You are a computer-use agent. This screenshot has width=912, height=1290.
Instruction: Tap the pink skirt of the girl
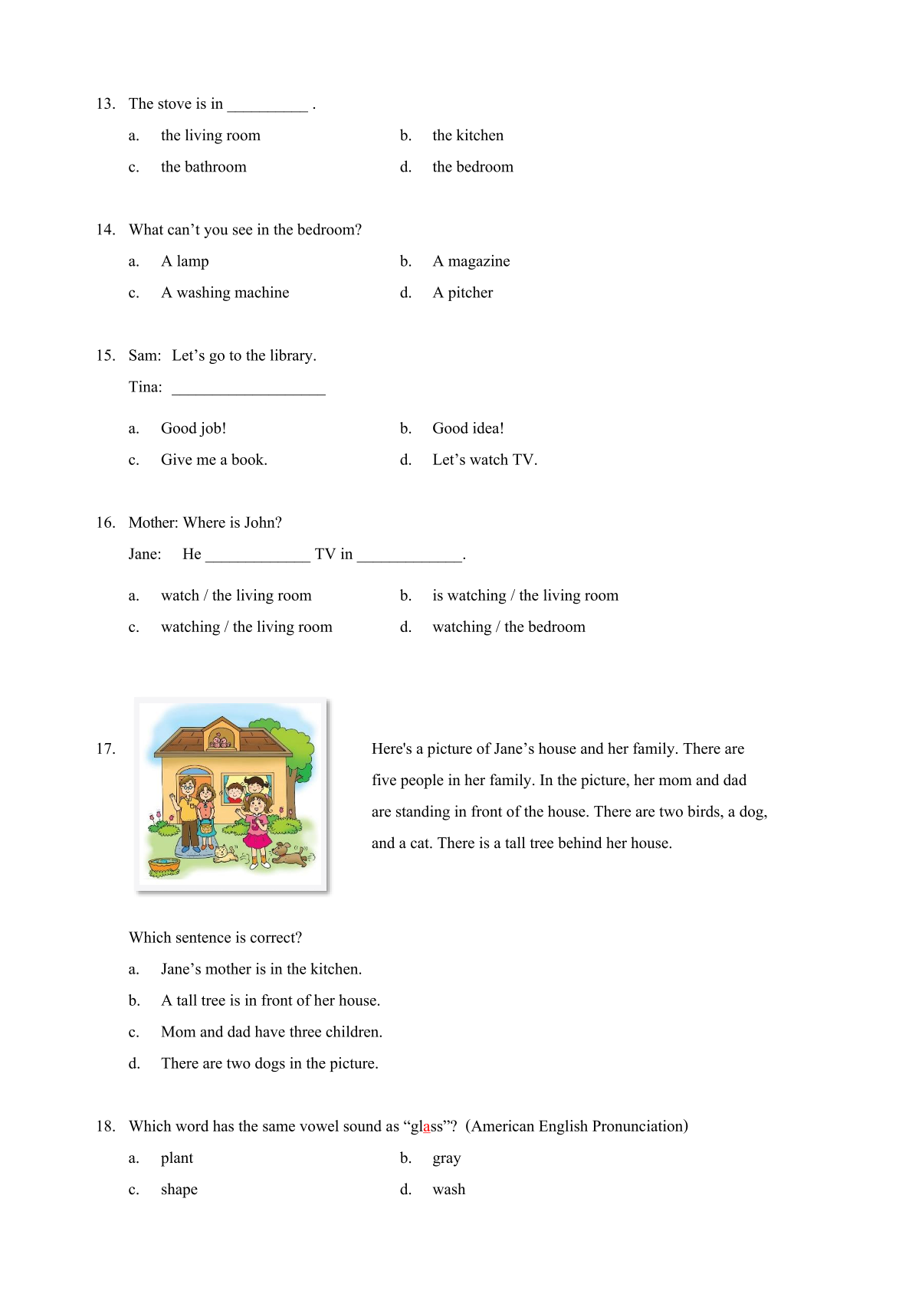coord(258,838)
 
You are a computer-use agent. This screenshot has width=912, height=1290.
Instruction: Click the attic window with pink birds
coord(221,740)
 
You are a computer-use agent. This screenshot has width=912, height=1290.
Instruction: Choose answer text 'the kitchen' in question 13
coord(467,136)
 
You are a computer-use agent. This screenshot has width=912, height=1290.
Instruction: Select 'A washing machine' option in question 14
coord(225,293)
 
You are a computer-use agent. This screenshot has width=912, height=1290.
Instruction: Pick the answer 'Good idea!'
coord(467,428)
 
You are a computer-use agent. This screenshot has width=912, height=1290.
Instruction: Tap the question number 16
coord(105,522)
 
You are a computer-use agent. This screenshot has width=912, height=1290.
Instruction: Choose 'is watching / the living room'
coord(525,595)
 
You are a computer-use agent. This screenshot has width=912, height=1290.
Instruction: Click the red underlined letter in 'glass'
coord(426,1127)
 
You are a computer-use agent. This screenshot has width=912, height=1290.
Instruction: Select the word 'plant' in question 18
coord(177,1157)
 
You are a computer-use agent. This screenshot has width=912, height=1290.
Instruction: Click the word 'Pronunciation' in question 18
coord(635,1126)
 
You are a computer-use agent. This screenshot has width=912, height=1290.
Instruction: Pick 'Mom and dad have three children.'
coord(271,1032)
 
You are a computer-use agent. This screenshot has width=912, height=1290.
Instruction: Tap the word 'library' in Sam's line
coord(290,355)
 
